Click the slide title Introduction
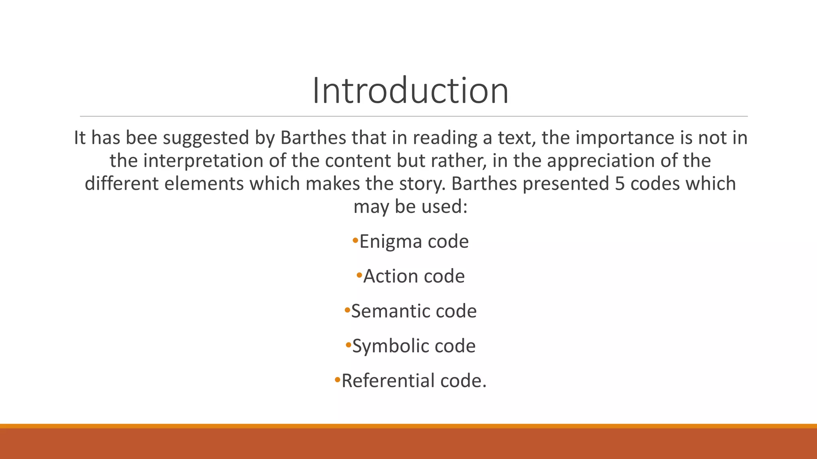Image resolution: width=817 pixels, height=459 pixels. tap(410, 91)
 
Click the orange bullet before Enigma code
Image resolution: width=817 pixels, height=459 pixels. tap(355, 241)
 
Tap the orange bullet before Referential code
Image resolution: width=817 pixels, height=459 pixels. tap(337, 380)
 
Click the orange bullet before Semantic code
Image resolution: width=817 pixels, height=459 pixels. tap(347, 310)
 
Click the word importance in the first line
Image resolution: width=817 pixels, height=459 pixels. tap(623, 138)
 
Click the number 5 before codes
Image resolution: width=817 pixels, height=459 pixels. tap(620, 184)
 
